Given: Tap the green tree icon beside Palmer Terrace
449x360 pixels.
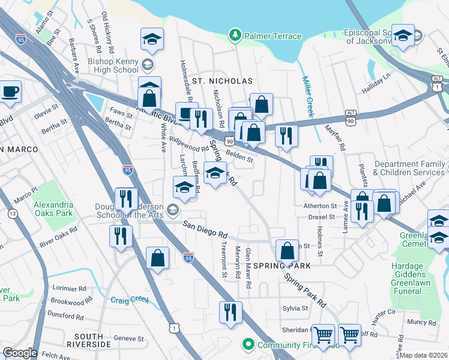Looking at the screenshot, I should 235,36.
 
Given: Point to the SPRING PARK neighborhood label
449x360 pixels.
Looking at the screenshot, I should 282,265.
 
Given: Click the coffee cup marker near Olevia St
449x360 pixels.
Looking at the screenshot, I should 10,92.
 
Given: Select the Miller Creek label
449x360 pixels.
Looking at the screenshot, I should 309,96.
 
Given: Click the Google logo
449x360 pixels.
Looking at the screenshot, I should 20,353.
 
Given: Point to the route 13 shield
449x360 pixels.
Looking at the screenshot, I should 13,214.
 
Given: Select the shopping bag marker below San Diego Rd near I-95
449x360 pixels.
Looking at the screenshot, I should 157,259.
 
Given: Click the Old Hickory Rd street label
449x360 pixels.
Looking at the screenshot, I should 106,28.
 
